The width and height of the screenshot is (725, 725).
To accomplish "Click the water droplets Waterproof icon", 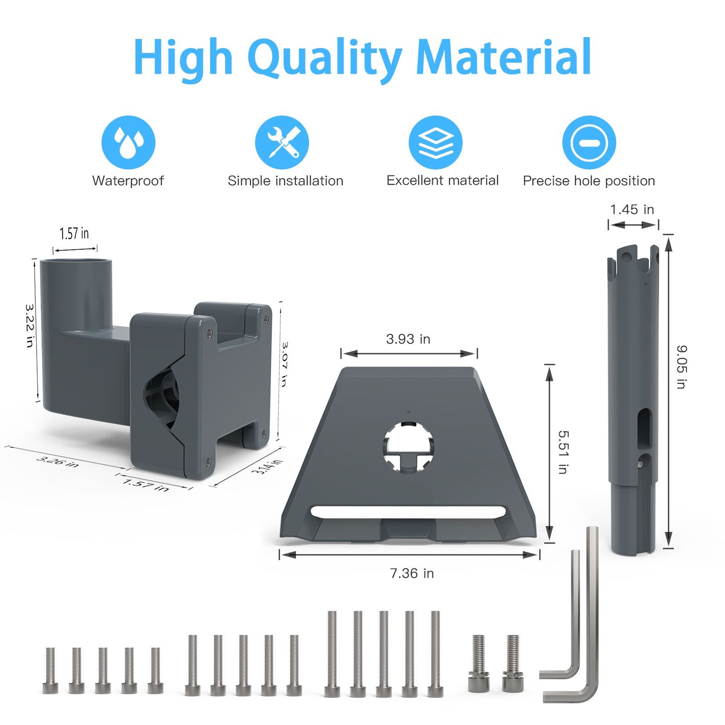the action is point(128,142).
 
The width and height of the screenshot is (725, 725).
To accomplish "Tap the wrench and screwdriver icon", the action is point(282,142).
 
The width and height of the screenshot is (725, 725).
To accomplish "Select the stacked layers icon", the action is point(436,142).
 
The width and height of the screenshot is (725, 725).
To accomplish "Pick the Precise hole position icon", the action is point(589,142).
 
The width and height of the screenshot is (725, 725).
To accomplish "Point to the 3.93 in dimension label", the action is point(408,339).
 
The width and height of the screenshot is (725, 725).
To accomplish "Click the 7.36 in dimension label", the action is point(412,573).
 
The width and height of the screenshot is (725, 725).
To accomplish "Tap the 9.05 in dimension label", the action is point(681,367).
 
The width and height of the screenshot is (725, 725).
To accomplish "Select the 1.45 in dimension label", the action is point(632,209).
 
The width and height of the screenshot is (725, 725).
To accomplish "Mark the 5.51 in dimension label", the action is point(563,452).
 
